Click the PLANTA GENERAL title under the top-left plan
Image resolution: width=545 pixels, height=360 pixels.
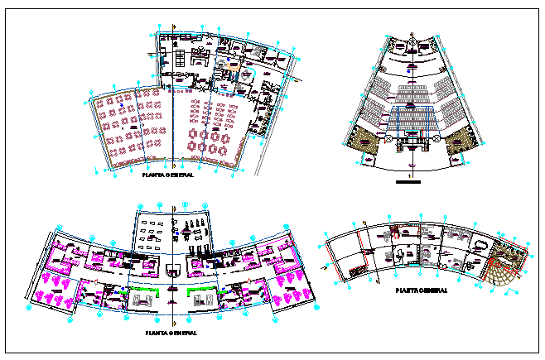point(168,176)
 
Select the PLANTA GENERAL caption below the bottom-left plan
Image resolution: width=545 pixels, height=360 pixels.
point(171,333)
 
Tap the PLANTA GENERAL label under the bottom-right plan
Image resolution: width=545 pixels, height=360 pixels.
point(422,290)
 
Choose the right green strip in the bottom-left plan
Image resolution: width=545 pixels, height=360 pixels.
point(202,290)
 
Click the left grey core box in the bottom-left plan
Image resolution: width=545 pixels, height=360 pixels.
point(138,301)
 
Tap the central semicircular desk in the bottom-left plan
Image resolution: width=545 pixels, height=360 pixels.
point(171,269)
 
